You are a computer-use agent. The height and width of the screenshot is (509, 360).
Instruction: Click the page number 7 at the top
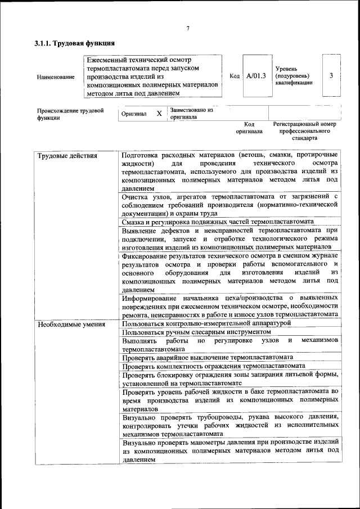click(188, 29)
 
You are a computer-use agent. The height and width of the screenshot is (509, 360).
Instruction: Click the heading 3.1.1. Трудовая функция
click(75, 43)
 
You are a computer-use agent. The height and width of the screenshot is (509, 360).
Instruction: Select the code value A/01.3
click(256, 76)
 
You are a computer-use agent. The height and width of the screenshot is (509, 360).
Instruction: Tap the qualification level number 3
click(331, 75)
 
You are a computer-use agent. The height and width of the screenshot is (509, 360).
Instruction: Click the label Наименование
click(56, 76)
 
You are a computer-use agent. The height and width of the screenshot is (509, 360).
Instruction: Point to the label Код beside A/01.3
click(235, 76)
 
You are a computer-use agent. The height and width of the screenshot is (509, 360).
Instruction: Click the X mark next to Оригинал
click(159, 114)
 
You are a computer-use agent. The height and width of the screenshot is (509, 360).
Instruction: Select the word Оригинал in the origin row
click(134, 114)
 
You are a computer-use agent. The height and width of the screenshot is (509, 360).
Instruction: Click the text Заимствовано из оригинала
click(191, 114)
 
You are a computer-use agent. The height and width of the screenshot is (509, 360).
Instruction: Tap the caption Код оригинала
click(249, 128)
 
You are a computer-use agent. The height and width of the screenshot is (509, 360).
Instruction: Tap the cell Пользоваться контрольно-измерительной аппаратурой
click(206, 323)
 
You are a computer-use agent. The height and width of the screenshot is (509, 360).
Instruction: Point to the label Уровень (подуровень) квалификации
click(292, 76)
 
